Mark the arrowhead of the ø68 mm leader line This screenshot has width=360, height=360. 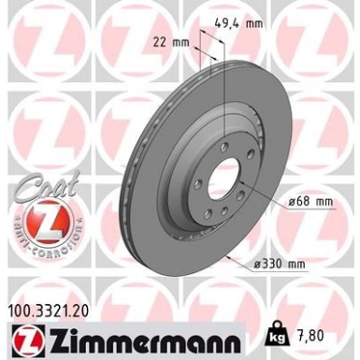245,183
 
